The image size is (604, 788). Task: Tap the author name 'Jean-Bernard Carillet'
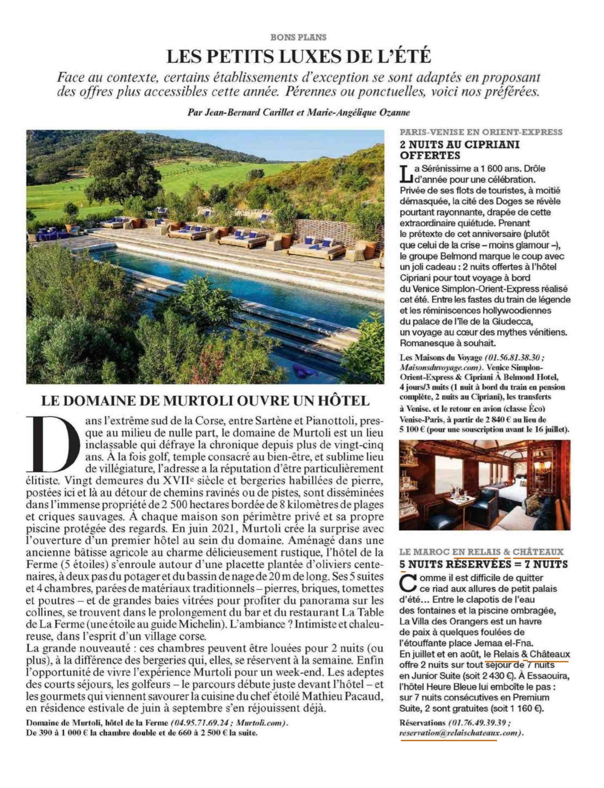[245, 112]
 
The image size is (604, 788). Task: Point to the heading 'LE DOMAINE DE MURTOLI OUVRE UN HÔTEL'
[205, 401]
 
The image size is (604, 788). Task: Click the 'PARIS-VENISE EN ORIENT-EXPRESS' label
[481, 132]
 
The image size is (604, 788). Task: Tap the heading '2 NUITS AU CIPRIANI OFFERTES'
[460, 150]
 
